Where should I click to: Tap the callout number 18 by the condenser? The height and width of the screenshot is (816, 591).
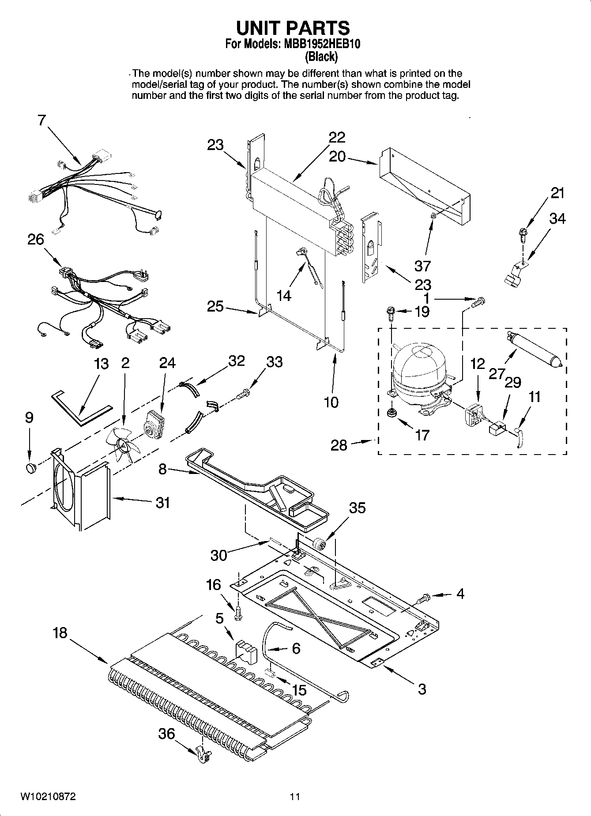pyautogui.click(x=60, y=633)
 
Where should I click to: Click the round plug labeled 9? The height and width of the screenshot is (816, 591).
pyautogui.click(x=30, y=468)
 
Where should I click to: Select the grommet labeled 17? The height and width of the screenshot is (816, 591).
pyautogui.click(x=391, y=413)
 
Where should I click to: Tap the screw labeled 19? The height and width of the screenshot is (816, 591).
pyautogui.click(x=391, y=312)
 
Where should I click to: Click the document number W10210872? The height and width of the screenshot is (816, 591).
pyautogui.click(x=48, y=797)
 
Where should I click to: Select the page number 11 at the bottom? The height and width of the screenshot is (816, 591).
pyautogui.click(x=295, y=797)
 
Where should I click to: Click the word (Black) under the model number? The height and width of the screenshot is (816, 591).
pyautogui.click(x=321, y=56)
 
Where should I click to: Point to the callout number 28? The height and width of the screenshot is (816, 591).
pyautogui.click(x=339, y=445)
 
